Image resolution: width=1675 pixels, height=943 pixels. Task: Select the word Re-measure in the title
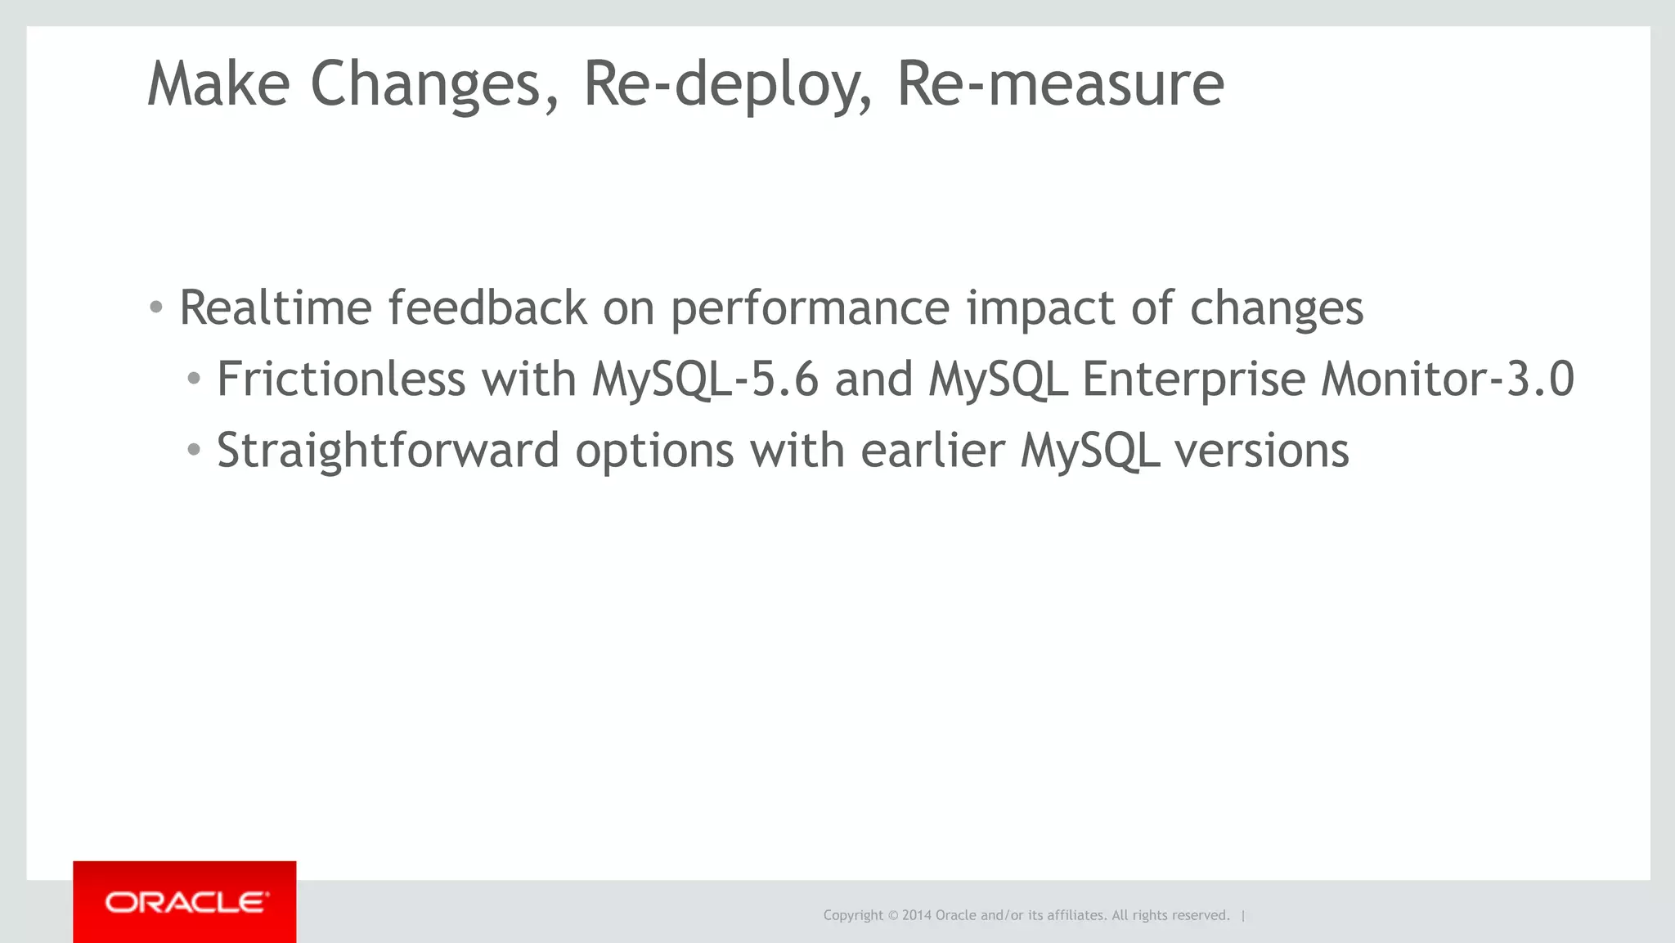[1060, 84]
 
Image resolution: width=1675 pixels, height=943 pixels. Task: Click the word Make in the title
[218, 84]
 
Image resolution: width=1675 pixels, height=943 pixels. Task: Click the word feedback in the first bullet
[487, 308]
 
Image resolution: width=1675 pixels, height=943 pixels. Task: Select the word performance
[810, 309]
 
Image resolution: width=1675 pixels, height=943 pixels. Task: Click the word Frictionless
[340, 379]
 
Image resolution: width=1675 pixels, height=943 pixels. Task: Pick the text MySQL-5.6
[705, 380]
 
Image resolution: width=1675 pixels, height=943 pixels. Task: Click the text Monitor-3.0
[1447, 379]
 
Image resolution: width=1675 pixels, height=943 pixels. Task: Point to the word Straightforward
[388, 451]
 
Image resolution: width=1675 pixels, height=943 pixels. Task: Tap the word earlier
[932, 451]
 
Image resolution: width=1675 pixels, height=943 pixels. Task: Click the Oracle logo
[185, 902]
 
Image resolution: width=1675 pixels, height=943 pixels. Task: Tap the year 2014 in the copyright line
[917, 915]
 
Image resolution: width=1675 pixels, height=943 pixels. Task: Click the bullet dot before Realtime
[156, 308]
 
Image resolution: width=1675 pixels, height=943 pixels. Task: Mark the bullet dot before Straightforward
[194, 450]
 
